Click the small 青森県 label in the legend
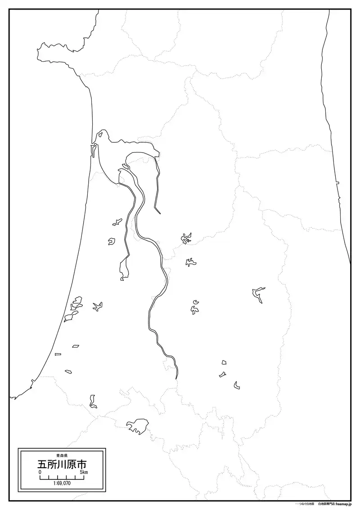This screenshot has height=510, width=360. pyautogui.click(x=62, y=455)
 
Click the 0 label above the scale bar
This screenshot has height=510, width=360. pyautogui.click(x=40, y=472)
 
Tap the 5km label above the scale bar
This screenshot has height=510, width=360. pyautogui.click(x=83, y=472)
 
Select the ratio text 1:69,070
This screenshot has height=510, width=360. pyautogui.click(x=62, y=483)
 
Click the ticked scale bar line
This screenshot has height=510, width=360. pyautogui.click(x=62, y=477)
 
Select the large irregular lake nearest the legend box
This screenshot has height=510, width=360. pyautogui.click(x=138, y=426)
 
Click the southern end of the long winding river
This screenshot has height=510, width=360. pyautogui.click(x=176, y=377)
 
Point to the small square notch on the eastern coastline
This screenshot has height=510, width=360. pyautogui.click(x=337, y=183)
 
